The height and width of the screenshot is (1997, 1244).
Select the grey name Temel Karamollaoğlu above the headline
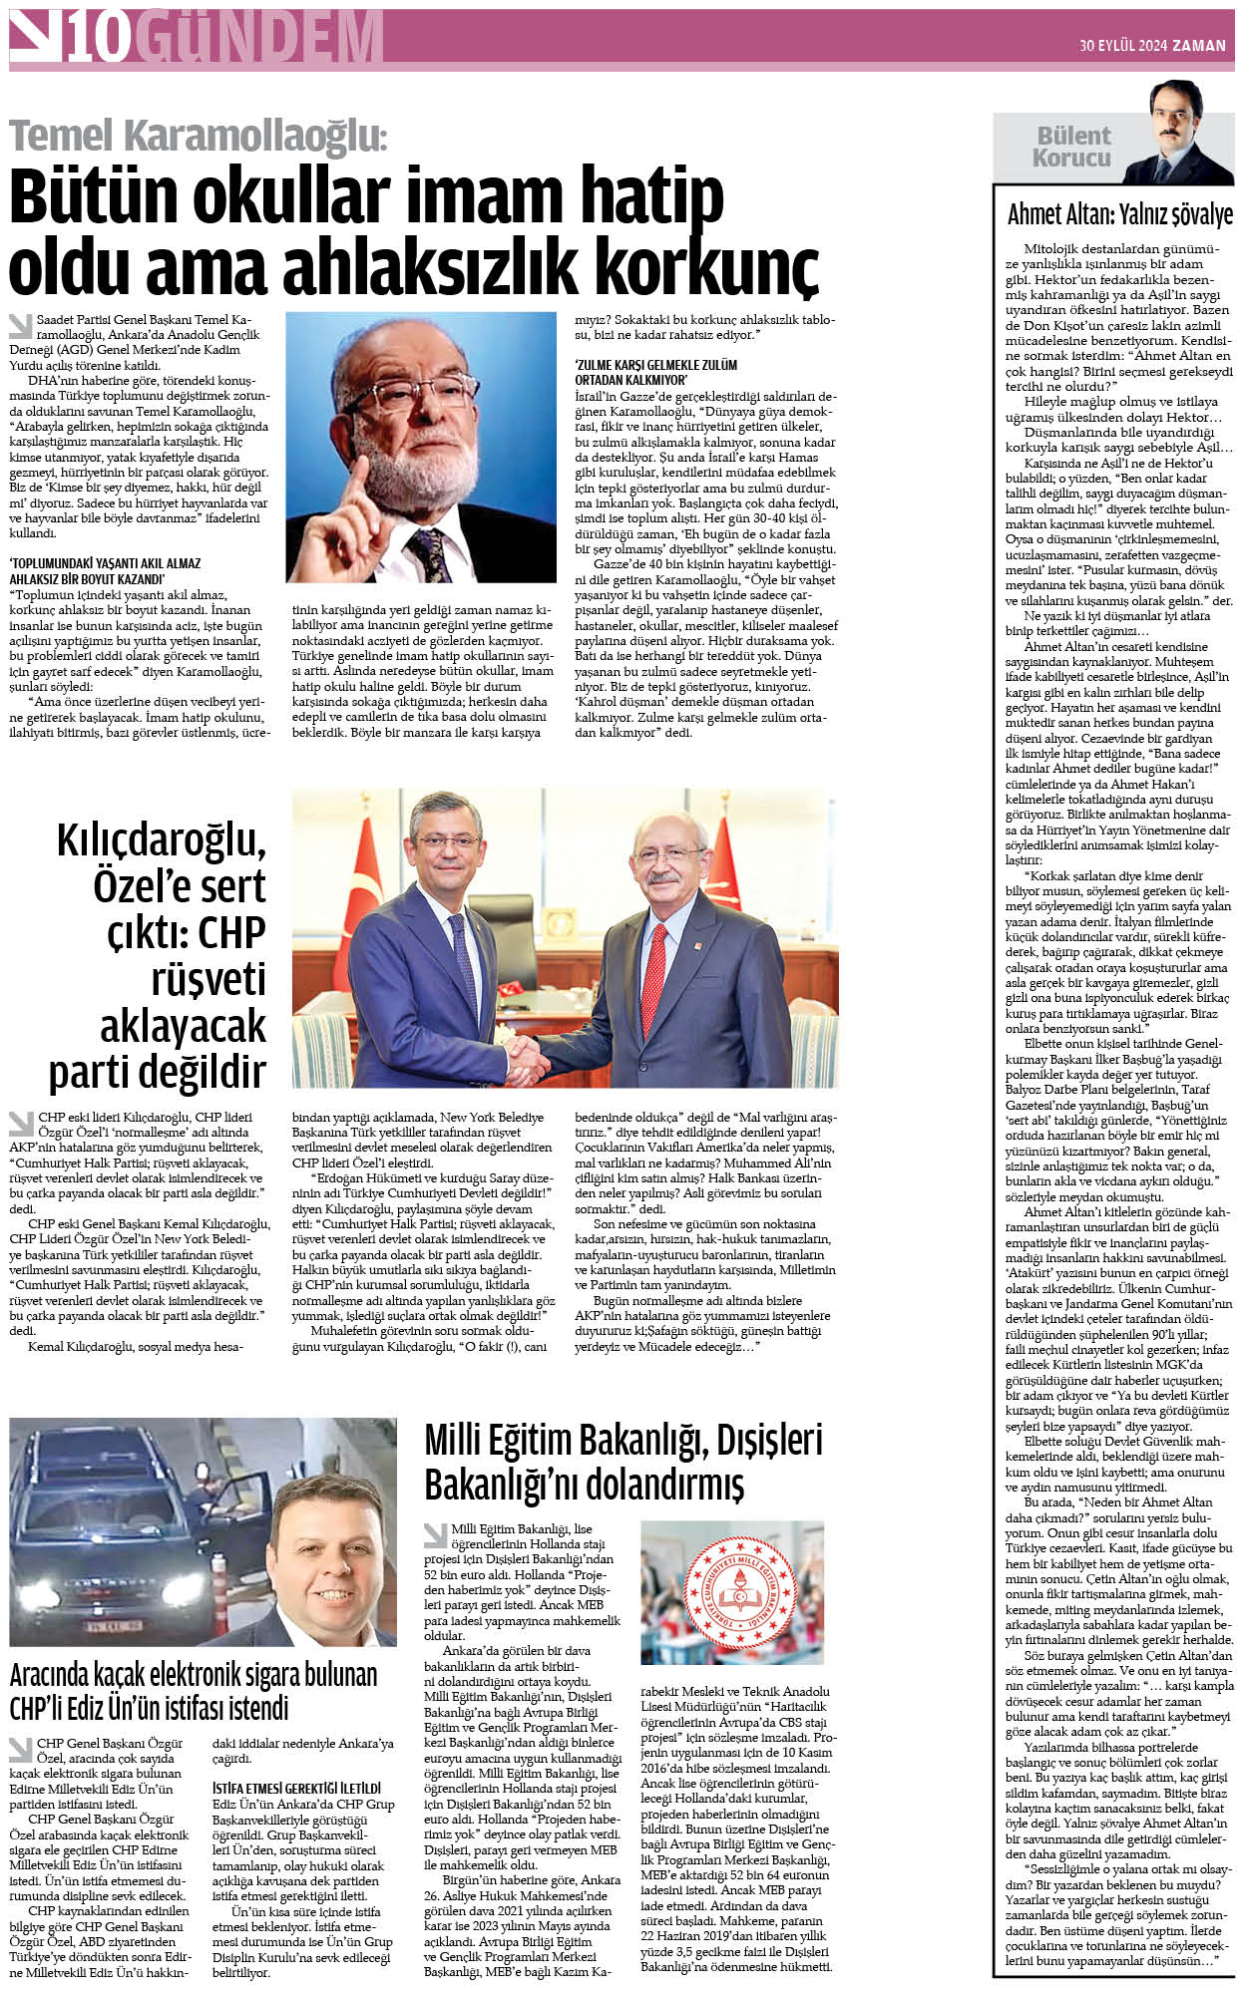(x=198, y=136)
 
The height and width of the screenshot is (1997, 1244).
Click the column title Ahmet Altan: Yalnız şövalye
(x=1119, y=214)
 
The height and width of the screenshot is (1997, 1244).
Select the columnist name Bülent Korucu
(x=1072, y=147)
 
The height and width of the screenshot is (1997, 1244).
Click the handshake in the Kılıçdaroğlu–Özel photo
(x=526, y=1058)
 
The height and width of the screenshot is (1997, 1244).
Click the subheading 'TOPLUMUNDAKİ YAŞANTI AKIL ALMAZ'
(x=105, y=563)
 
